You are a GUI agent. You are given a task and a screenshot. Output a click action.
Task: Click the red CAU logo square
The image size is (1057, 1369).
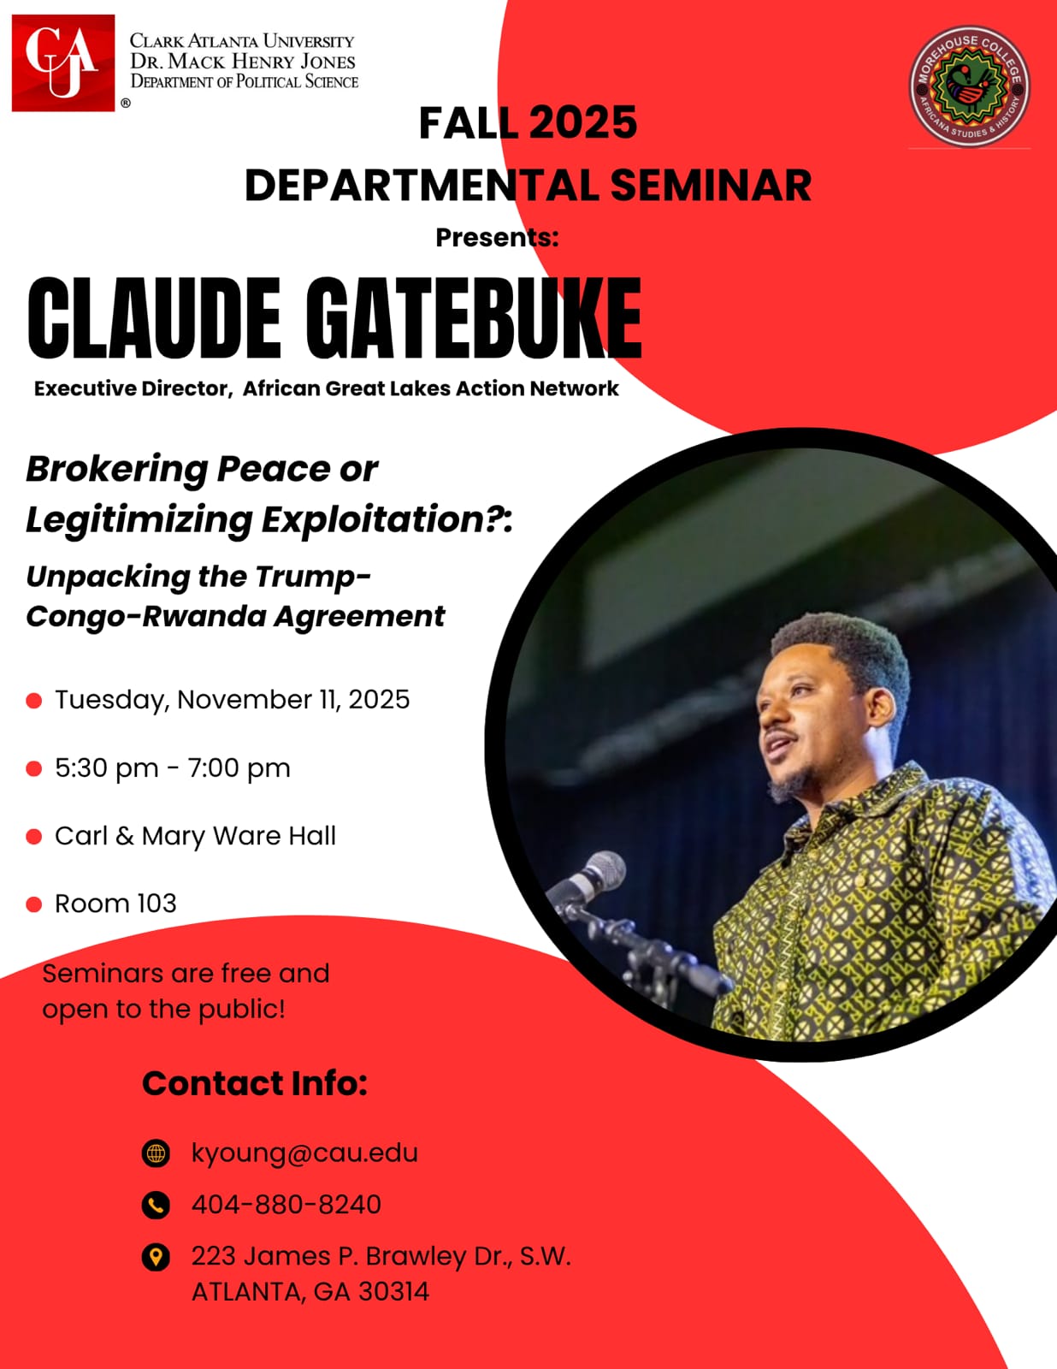(63, 62)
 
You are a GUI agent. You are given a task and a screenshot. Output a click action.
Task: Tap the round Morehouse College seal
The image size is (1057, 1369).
(969, 86)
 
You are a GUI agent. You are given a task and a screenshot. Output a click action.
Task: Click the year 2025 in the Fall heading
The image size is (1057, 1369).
(582, 122)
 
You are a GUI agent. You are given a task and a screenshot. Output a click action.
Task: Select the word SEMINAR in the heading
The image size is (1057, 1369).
(710, 186)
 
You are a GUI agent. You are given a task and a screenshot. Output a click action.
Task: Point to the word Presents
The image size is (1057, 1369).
(495, 237)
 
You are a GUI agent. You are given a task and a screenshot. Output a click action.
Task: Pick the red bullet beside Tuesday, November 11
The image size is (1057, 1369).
(34, 701)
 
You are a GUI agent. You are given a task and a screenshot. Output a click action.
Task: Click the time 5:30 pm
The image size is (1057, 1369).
(106, 767)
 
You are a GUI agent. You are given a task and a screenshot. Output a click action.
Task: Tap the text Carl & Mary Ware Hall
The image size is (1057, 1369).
(195, 835)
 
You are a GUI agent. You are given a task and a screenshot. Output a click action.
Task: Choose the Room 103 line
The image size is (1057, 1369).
(115, 903)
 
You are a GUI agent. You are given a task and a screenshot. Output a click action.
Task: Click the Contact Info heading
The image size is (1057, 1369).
(254, 1083)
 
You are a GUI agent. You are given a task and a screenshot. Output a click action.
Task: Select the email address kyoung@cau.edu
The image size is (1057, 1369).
(304, 1153)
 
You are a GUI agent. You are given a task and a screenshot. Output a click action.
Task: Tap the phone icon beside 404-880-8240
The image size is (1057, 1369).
(156, 1205)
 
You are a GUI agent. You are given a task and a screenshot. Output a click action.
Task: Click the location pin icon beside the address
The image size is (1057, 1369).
(156, 1257)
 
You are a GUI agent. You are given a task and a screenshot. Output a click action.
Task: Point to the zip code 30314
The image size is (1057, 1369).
(393, 1291)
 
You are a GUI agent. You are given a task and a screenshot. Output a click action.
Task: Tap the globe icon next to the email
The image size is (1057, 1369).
(156, 1153)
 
